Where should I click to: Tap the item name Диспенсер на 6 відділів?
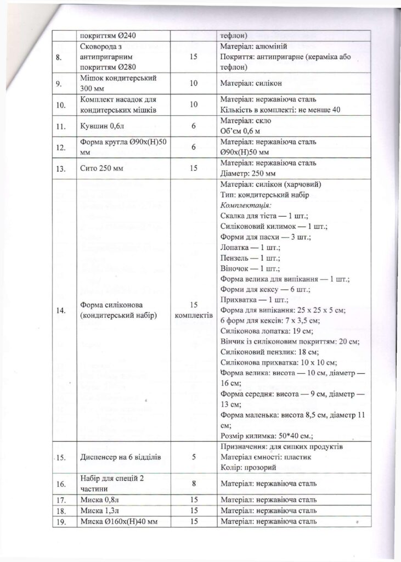click(120, 457)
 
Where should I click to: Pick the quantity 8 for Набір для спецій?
click(194, 484)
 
